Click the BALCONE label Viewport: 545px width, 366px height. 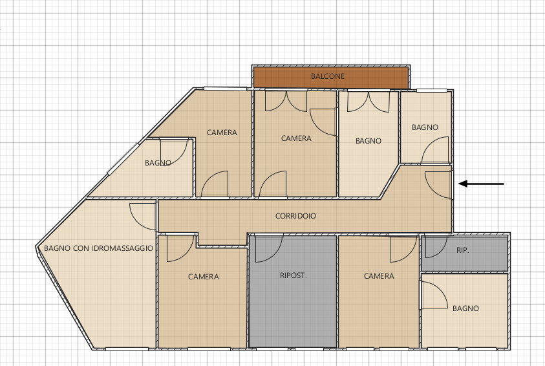327,76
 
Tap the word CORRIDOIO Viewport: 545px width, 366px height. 296,216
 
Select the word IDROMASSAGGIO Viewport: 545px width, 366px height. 122,248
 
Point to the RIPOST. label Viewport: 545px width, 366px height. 294,275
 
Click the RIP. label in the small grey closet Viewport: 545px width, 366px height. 463,250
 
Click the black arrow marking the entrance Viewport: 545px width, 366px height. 482,184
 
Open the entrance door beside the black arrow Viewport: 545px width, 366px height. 438,185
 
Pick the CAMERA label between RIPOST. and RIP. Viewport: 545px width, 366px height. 379,276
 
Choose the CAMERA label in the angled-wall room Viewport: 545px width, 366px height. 222,133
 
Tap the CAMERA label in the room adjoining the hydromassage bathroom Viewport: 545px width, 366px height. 204,277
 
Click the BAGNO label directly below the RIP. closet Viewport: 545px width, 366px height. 465,308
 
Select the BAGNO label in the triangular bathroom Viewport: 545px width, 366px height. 158,163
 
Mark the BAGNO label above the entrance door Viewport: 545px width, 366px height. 425,127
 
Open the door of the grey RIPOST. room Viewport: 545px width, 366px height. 269,248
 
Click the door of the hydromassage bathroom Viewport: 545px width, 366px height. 143,217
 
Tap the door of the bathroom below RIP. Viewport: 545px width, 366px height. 434,294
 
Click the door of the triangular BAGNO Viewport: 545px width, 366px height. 174,153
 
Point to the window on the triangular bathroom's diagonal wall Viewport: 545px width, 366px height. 123,158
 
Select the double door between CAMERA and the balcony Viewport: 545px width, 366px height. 286,101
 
